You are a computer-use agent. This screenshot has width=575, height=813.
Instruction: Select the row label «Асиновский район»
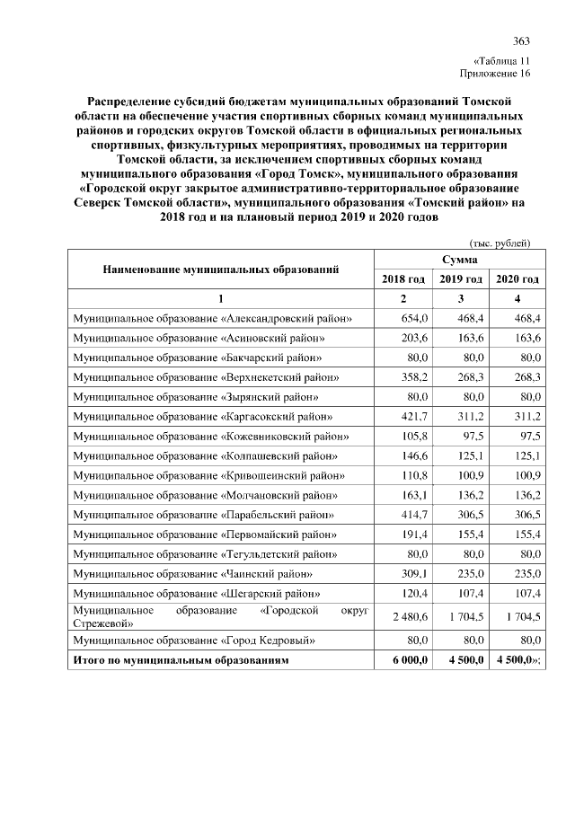pos(199,339)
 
